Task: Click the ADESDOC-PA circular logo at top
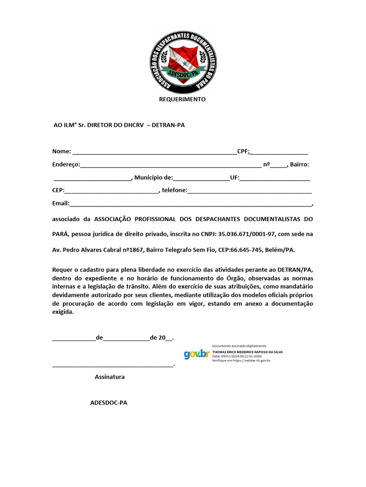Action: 183,61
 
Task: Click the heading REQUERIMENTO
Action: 182,99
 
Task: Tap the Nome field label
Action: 61,151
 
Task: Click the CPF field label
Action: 243,151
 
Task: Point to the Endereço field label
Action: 66,165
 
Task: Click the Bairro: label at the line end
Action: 299,165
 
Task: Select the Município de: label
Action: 153,177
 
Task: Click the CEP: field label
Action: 58,191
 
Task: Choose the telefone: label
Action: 174,191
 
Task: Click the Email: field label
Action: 61,204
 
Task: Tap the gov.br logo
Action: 196,353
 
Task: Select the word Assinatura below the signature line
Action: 110,377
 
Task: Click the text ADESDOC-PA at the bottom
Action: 109,402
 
